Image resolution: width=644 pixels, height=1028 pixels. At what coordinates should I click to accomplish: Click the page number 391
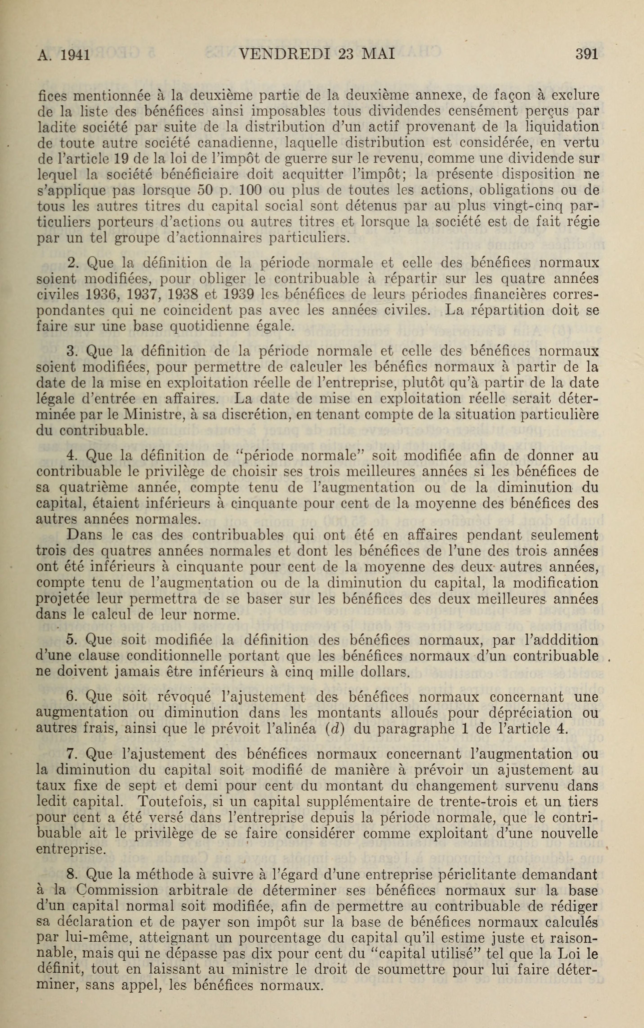pyautogui.click(x=586, y=54)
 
